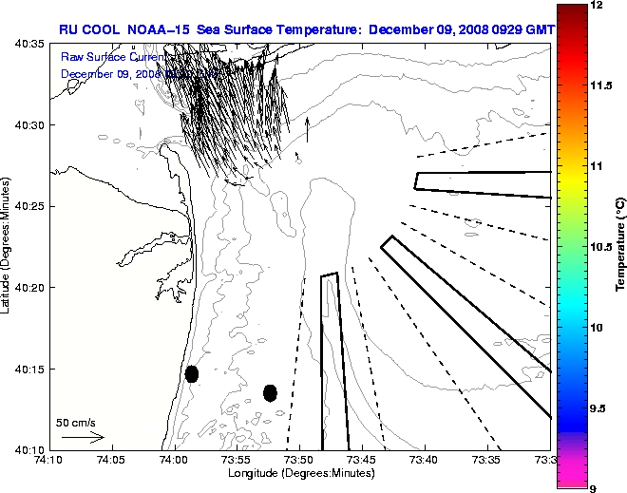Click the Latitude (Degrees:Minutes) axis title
pyautogui.click(x=8, y=246)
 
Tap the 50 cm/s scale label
pyautogui.click(x=77, y=422)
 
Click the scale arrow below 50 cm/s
pyautogui.click(x=83, y=437)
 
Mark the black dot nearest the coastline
pyautogui.click(x=192, y=373)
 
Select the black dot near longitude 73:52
pyautogui.click(x=271, y=392)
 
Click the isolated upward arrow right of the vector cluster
pyautogui.click(x=307, y=129)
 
